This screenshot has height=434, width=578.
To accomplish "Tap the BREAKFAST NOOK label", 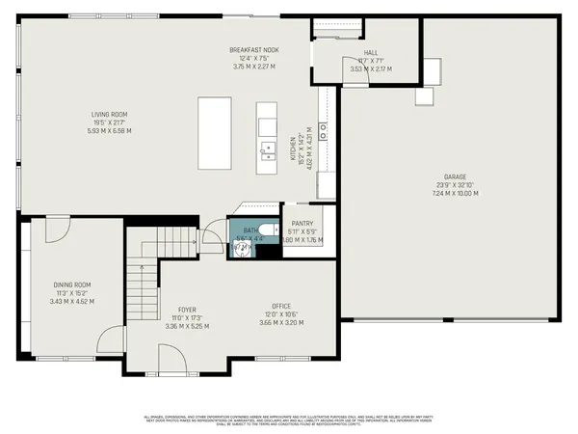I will [x=253, y=50].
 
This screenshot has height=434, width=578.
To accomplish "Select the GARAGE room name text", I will [x=455, y=177].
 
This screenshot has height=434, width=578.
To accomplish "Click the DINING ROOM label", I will [x=72, y=285].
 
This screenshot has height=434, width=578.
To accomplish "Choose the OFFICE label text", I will [x=281, y=306].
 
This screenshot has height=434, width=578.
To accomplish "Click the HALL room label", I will [x=370, y=53].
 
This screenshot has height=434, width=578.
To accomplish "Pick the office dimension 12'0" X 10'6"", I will [x=281, y=314].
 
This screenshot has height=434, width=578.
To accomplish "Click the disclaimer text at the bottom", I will [x=289, y=418].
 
